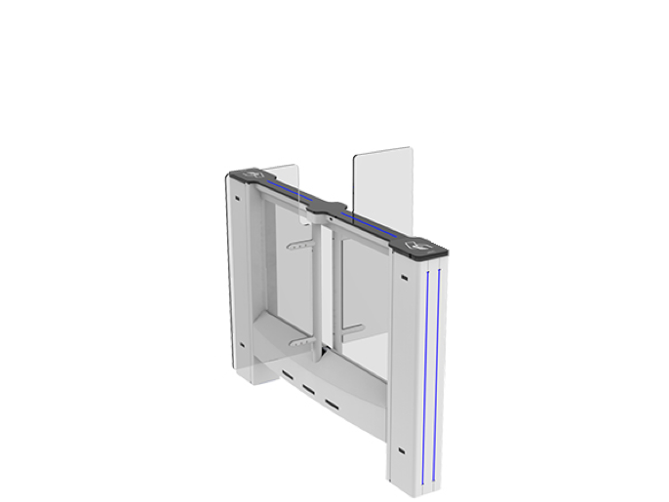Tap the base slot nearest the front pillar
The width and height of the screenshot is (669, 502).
332,402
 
